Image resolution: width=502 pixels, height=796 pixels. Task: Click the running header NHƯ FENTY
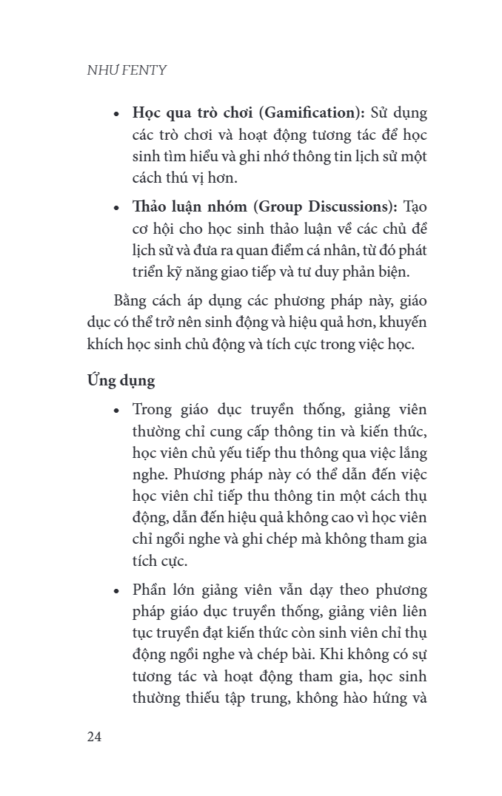[x=127, y=70]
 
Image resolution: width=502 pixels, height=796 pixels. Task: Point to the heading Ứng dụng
[x=121, y=380]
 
